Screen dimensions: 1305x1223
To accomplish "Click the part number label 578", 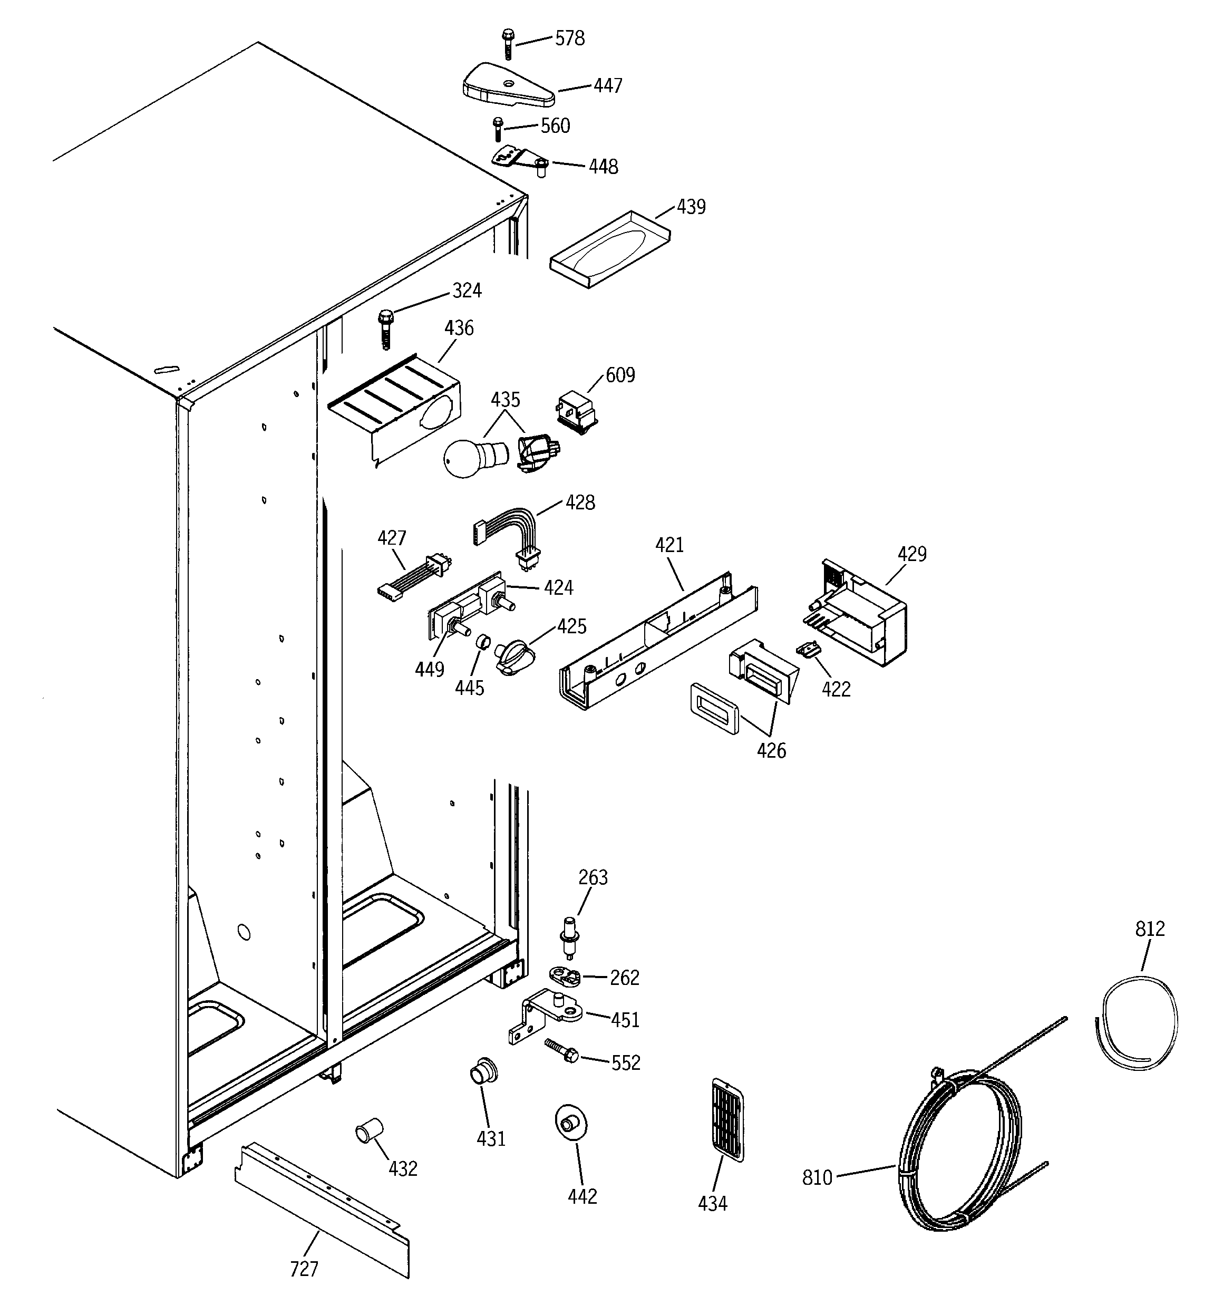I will click(569, 38).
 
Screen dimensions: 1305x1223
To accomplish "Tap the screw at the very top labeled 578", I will click(508, 43).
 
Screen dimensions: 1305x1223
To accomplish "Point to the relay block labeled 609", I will click(576, 412).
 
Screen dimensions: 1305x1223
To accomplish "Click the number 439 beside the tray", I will click(691, 207).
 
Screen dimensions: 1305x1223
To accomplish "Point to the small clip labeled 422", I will click(808, 649).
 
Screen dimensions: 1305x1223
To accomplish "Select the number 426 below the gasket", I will click(771, 751).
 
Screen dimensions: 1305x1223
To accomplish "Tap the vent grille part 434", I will click(727, 1118).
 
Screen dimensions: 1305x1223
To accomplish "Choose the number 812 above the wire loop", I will click(1150, 929).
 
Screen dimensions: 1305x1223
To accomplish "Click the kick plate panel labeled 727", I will click(322, 1209).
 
